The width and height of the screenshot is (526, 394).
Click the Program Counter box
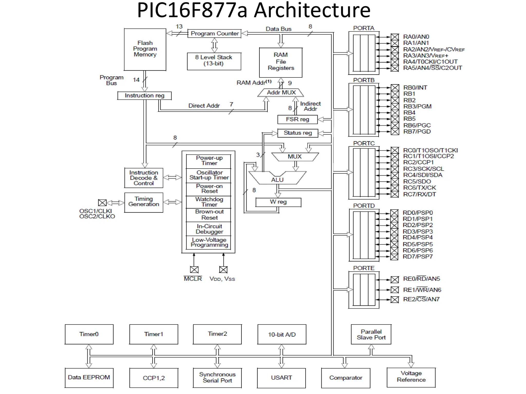coord(214,34)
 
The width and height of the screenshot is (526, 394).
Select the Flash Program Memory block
coord(145,49)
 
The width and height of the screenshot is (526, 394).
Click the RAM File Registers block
coord(281,62)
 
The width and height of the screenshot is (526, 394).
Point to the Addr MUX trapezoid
coord(281,93)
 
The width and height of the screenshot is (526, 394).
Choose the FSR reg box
coord(297,120)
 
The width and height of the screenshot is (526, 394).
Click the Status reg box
coord(298,133)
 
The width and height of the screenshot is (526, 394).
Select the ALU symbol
coord(277,179)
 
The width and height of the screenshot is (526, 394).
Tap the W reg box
coord(278,202)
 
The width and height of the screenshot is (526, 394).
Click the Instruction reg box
coord(144,96)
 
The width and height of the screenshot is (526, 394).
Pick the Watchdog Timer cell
coord(209,202)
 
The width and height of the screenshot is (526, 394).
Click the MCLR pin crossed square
coord(194,270)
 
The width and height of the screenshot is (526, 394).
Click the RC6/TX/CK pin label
coord(419,188)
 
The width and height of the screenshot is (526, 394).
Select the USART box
coord(281,378)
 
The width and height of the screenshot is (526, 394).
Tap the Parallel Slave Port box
coord(371,334)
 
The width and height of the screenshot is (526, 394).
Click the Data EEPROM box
coord(89,378)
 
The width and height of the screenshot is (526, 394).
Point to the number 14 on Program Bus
coord(136,80)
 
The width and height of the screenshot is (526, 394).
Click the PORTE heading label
coord(364,268)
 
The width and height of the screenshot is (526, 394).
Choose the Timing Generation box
coord(144,202)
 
